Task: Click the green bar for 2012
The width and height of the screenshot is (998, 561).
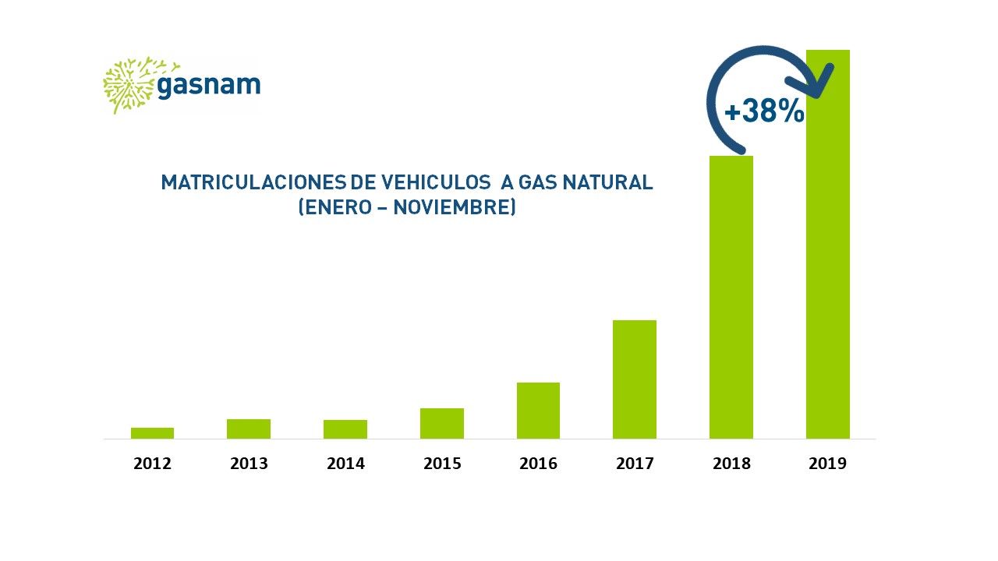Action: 152,433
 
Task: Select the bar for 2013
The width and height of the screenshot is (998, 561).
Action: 249,429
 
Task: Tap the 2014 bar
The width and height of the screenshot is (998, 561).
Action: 345,429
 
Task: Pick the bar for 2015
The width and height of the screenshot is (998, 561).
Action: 442,423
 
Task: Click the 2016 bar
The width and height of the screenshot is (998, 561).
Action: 538,411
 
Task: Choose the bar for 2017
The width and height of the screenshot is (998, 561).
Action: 635,379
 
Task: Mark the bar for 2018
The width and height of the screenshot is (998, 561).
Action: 731,298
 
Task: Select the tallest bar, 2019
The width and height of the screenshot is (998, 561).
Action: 828,245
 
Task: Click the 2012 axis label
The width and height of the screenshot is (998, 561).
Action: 152,464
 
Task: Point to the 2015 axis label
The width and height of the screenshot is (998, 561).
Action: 442,464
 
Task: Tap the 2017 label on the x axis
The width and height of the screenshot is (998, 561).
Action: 635,464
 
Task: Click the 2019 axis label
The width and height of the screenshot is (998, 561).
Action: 828,464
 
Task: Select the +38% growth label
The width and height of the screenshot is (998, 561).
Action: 765,111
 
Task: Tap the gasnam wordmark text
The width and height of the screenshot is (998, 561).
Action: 209,85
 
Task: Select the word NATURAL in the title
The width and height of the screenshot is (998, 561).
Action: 607,182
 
